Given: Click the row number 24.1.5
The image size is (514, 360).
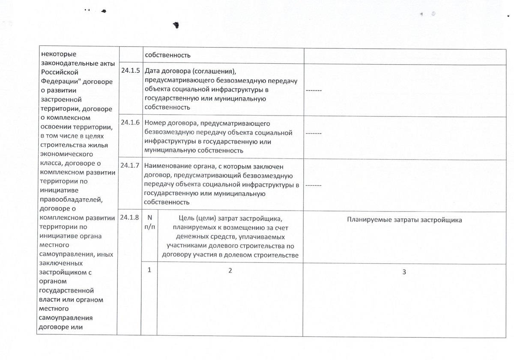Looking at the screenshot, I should point(131,71).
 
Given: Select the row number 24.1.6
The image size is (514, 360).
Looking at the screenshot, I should point(131,122).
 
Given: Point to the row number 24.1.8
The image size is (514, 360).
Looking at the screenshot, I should point(131,217).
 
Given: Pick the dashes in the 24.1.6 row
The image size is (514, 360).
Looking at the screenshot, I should point(314,133).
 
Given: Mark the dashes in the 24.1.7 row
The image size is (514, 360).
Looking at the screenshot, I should point(314,184).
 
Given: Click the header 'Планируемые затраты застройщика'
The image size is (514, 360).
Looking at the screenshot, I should point(404,220).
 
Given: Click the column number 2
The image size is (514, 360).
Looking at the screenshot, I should point(230,271).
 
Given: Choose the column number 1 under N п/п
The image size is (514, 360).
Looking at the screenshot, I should point(150,271).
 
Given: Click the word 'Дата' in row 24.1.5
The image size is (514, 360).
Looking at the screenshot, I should point(153,71).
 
